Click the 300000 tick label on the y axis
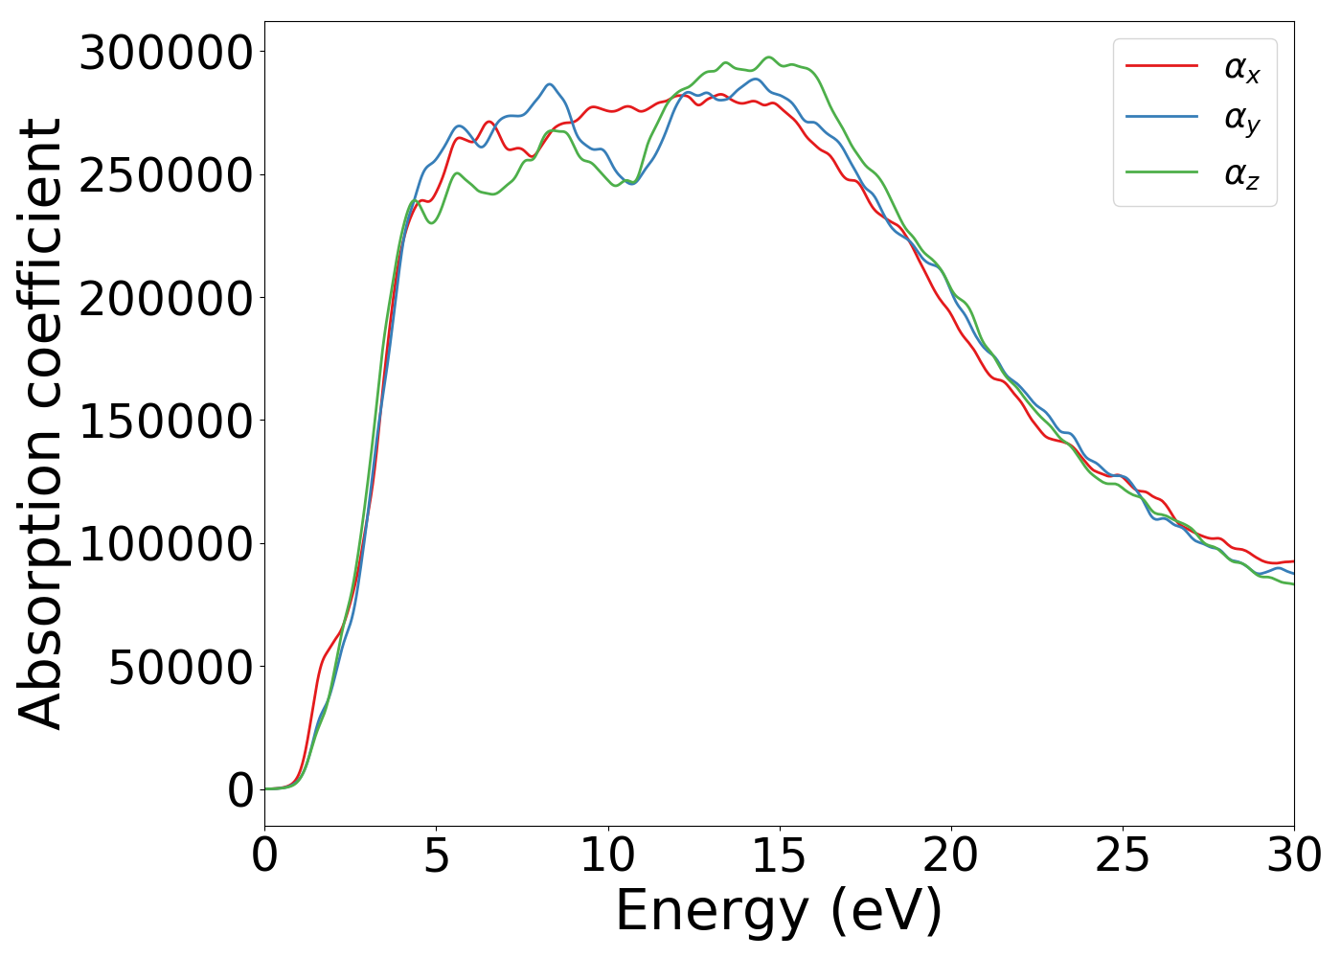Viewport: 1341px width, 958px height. pos(166,53)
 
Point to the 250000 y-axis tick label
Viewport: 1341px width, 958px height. pos(166,176)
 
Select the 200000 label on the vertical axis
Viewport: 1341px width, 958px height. pos(166,299)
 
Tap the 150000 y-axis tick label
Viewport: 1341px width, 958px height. pos(166,422)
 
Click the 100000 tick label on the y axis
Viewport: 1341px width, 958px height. pos(166,545)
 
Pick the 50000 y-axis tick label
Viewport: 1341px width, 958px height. pos(181,668)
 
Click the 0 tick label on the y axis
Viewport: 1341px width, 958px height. pos(240,790)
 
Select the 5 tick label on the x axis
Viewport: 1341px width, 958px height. pos(437,855)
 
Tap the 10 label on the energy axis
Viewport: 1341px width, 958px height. pos(608,855)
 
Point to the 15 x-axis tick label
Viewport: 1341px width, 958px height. pos(780,855)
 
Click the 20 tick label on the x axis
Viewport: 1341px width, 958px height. pos(951,855)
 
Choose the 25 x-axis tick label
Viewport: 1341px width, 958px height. pos(1123,855)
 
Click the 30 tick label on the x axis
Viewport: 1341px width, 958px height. pos(1293,855)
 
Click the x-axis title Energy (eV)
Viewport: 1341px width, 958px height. pos(779,911)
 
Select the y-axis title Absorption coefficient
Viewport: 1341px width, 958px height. pos(40,422)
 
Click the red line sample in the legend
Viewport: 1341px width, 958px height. pos(1161,65)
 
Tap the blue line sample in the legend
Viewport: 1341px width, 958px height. pos(1161,117)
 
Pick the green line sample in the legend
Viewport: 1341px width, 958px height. pos(1161,172)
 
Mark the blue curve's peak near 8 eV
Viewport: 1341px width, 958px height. pos(550,84)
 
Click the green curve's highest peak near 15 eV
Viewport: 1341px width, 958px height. pos(768,57)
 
